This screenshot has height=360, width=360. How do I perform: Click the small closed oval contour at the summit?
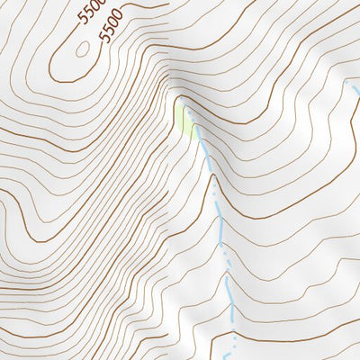click(83, 50)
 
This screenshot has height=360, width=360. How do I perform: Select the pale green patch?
click(187, 121)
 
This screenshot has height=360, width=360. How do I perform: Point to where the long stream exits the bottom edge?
click(231, 358)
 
